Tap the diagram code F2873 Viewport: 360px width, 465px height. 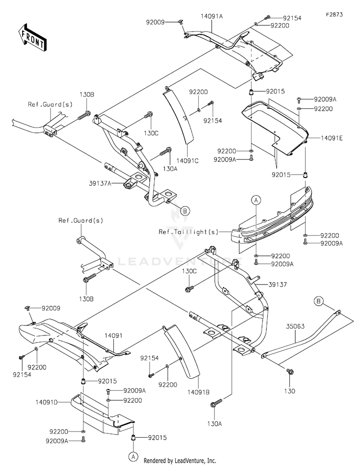334,14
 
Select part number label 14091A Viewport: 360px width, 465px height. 212,16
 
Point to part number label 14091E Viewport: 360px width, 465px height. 332,138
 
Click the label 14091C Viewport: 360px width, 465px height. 187,161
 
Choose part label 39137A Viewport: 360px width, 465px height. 100,184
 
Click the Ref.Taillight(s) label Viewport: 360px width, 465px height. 189,232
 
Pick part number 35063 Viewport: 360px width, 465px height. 295,326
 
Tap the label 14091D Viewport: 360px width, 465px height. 47,403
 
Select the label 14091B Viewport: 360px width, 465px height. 198,392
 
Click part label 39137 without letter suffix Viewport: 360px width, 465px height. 277,285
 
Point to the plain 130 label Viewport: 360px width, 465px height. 289,391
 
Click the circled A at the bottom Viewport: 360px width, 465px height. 133,456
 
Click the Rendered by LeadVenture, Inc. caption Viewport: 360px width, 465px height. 180,461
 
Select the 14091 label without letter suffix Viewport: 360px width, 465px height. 113,336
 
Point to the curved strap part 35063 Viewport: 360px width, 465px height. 301,334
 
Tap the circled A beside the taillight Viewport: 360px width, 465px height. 256,201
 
